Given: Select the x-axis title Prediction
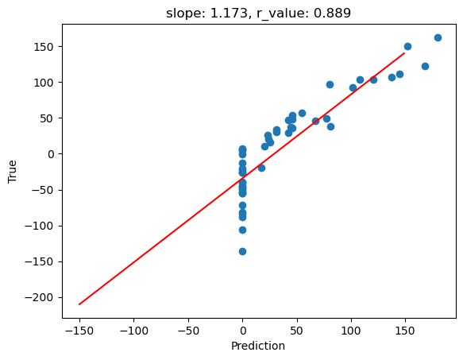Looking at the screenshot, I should point(258,346).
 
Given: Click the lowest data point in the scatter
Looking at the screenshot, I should point(242,251).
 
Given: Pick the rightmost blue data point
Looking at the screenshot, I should point(438,37).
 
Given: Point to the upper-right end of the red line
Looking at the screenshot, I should point(404,53).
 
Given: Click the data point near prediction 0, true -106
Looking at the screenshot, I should point(242,230).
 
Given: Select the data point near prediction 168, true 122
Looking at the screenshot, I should point(425,66).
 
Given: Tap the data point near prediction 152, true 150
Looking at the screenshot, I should point(407,46).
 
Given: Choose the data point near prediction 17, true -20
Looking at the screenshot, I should point(261,168).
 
